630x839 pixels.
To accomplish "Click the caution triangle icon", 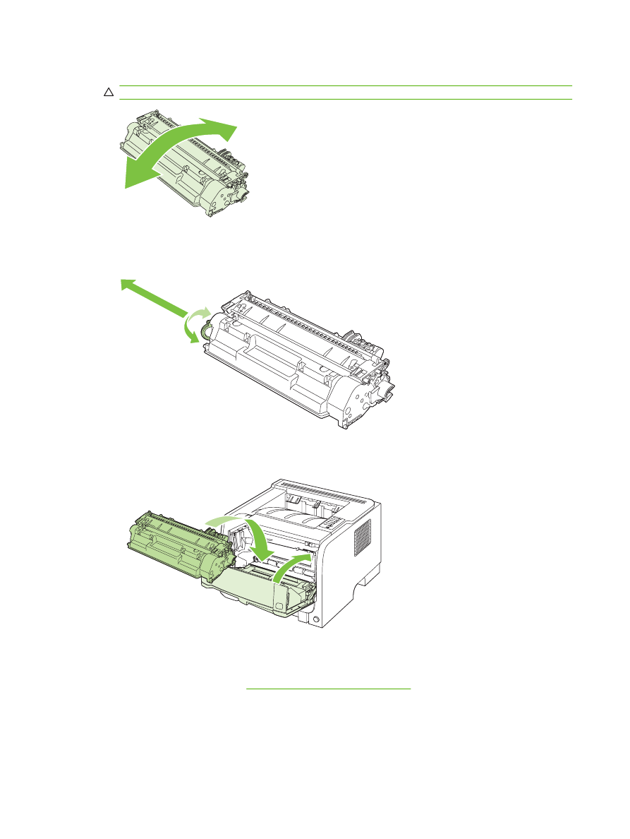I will pos(109,93).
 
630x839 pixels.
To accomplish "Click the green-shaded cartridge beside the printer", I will pos(176,540).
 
